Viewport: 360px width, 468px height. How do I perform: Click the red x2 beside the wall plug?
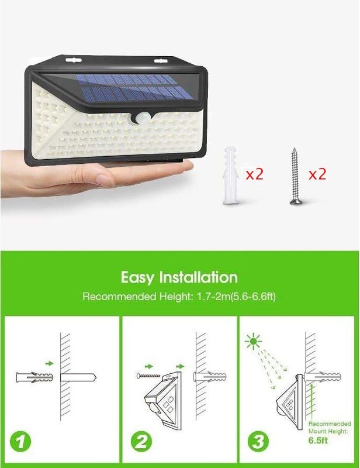coord(255,174)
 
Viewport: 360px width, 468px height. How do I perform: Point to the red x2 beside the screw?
coord(317,174)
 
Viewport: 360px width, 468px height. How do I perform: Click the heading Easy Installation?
coord(179,277)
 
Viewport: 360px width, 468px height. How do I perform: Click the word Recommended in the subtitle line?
coord(115,297)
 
